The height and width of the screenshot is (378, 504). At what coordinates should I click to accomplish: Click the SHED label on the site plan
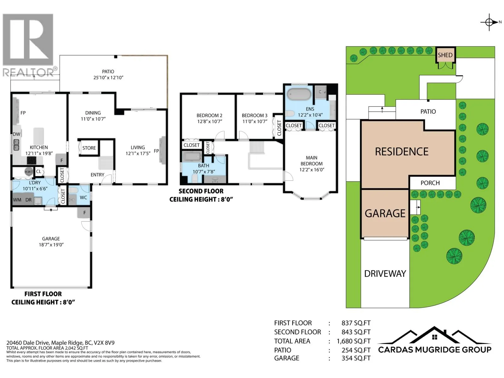(445, 55)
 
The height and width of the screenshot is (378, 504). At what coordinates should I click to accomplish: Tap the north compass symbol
(489, 22)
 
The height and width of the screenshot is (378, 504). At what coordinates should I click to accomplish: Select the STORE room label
(89, 148)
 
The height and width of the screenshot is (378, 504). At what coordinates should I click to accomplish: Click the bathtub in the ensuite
(299, 94)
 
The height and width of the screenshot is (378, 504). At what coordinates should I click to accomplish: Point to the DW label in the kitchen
(16, 134)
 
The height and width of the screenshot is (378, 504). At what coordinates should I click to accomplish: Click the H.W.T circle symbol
(29, 172)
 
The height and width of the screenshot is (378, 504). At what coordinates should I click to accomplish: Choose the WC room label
(83, 198)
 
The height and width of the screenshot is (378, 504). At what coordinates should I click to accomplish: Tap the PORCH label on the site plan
(430, 183)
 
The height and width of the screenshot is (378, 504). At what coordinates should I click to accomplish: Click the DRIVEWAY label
(385, 273)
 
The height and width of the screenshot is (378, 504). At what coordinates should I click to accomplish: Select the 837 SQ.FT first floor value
(356, 323)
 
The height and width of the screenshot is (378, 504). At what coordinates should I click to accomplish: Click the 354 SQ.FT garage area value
(356, 358)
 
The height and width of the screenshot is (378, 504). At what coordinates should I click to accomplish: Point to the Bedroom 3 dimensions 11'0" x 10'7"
(255, 121)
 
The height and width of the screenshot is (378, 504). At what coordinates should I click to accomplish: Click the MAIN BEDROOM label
(312, 161)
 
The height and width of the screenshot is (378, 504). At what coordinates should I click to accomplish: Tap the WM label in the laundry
(17, 200)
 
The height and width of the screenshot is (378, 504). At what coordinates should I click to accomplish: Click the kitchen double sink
(16, 145)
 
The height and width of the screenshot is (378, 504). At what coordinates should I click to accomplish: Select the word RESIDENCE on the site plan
(402, 152)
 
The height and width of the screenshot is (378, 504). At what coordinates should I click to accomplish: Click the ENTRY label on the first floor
(97, 175)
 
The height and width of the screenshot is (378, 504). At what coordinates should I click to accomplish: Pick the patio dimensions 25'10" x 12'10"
(108, 77)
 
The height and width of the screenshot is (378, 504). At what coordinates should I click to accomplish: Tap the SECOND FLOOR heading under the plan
(201, 191)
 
